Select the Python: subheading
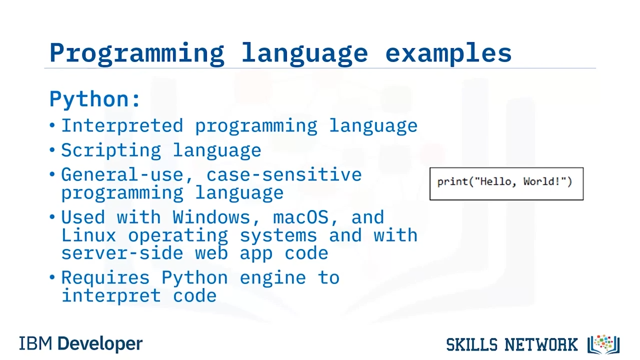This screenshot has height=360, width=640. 95,99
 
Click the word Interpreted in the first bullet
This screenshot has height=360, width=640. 122,125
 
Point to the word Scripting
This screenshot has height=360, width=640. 111,151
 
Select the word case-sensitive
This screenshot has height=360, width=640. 284,174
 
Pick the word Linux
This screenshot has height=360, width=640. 88,235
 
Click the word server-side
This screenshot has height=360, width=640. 122,253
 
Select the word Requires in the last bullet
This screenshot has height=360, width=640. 105,278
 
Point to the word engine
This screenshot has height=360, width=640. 272,278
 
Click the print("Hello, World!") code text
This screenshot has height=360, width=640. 505,181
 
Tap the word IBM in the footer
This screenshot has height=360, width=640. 35,343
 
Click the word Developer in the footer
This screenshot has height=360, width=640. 100,344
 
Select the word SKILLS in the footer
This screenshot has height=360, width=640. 472,344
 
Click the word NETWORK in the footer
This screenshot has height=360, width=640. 541,344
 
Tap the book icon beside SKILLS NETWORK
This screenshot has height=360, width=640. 603,344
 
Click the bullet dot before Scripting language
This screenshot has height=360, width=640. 52,149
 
